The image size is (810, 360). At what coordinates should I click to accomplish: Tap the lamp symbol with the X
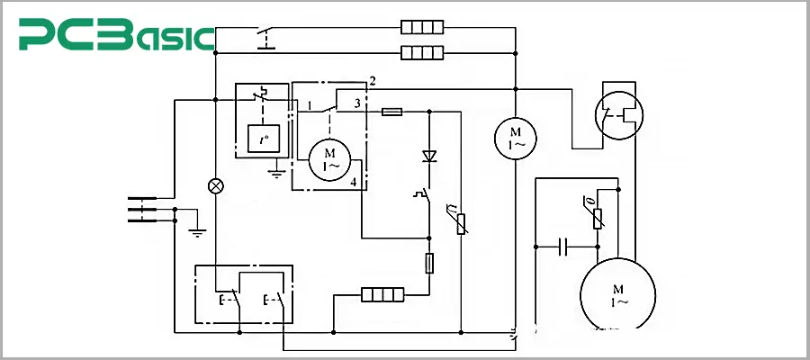tap(215, 186)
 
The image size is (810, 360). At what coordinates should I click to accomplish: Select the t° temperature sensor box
tap(262, 138)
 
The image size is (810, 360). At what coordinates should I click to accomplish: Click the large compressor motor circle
tap(617, 295)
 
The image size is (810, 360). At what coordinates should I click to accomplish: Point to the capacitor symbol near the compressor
tap(562, 245)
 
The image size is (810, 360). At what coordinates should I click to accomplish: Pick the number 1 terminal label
tap(309, 105)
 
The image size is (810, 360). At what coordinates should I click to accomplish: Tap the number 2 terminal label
tap(372, 82)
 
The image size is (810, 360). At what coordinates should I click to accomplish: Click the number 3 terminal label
tap(357, 103)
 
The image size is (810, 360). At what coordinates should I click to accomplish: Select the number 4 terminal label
tap(354, 183)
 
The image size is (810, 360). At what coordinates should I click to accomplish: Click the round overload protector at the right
tap(617, 115)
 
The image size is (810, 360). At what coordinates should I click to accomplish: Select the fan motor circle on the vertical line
tap(515, 138)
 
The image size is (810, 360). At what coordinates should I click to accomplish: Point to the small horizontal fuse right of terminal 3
tap(392, 112)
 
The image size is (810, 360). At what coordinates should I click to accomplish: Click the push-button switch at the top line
tap(265, 39)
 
